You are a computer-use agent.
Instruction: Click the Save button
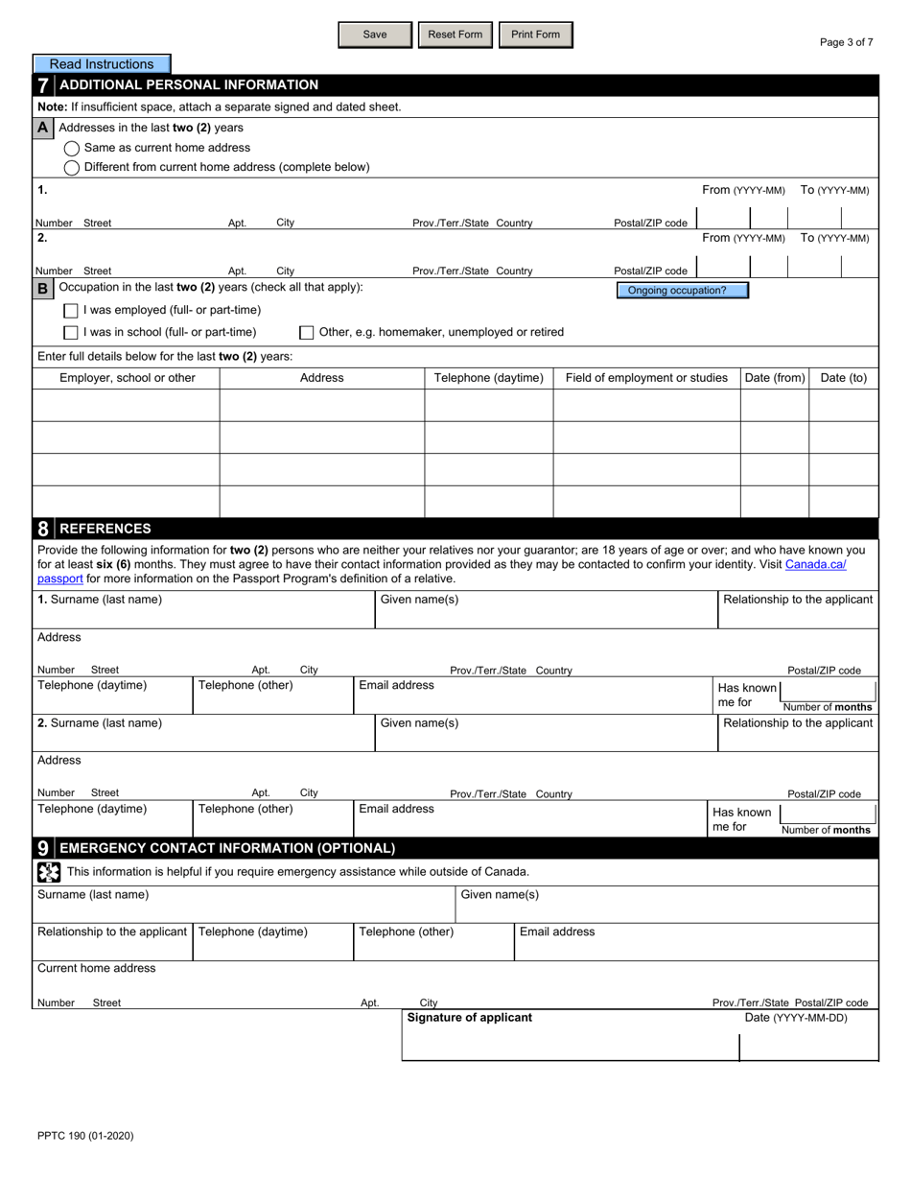375,35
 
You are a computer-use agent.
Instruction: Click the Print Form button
535,35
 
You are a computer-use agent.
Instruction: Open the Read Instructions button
102,64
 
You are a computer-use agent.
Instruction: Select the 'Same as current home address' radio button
72,149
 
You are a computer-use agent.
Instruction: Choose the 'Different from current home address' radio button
72,168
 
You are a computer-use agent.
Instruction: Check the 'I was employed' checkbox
71,311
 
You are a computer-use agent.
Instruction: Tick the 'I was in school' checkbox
71,333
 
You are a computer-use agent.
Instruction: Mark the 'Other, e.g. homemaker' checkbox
307,333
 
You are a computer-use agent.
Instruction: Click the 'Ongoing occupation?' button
682,291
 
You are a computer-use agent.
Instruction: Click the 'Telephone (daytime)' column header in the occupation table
489,378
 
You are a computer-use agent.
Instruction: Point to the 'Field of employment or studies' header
646,378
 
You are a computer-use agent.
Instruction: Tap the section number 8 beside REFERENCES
43,529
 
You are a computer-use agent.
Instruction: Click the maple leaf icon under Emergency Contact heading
49,872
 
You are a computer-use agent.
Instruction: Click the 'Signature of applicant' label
469,1018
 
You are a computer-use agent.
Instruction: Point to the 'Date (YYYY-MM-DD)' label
796,1018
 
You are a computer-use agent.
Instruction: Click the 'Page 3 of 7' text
846,42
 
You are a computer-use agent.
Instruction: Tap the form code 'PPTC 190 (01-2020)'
85,1136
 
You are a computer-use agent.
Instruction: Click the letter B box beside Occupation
43,288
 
